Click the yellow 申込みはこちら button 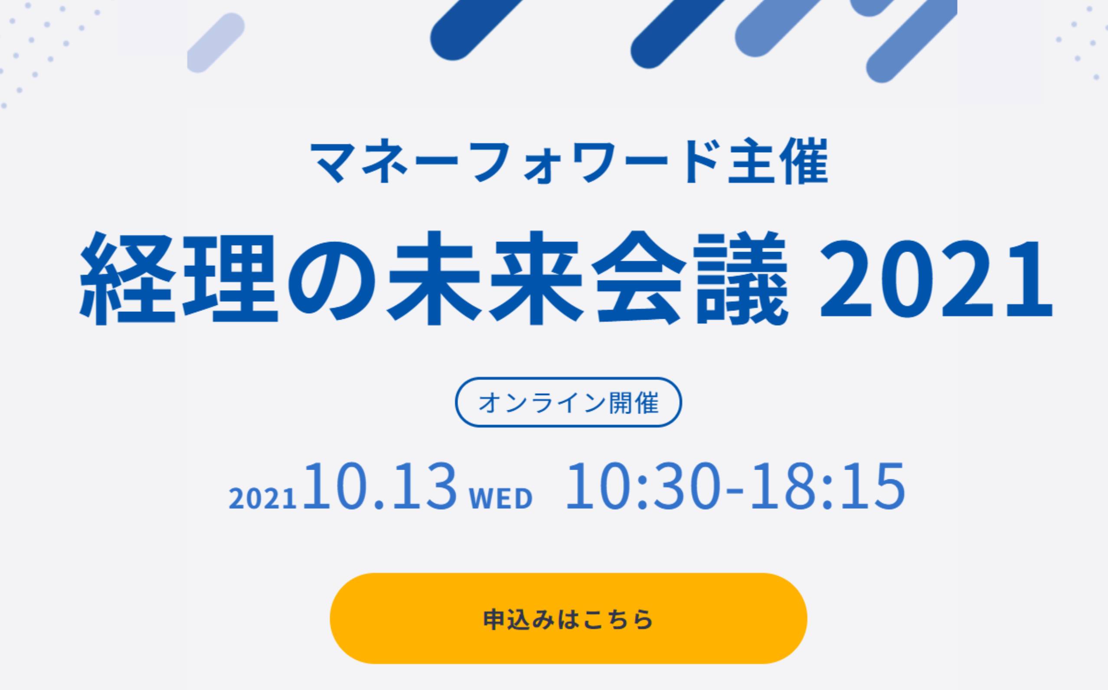coord(568,618)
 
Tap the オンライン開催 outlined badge coord(568,402)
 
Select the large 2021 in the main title coord(936,279)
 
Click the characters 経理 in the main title coord(179,279)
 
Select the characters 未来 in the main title coord(486,279)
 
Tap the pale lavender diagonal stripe coord(216,43)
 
